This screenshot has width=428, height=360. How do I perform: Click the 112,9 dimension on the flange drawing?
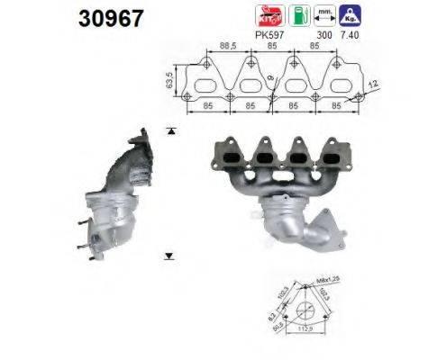pos(304,341)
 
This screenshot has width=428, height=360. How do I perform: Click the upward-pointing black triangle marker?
pos(169,131)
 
